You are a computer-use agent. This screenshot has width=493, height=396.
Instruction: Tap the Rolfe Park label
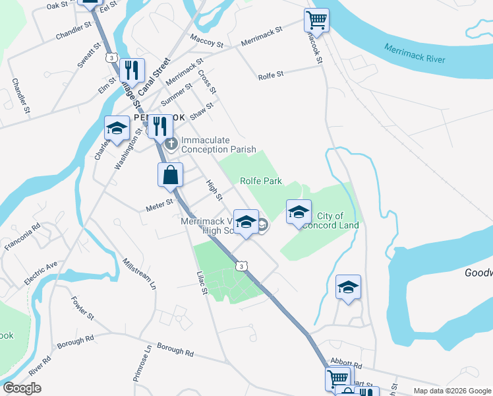point(260,181)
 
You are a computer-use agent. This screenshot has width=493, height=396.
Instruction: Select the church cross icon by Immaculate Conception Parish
point(171,144)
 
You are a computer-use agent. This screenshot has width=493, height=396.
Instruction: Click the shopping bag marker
point(170,176)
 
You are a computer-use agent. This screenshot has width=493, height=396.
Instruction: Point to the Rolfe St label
point(271,75)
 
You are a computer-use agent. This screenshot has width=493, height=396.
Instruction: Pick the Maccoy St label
point(206,41)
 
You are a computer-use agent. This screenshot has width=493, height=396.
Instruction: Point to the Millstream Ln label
point(139,273)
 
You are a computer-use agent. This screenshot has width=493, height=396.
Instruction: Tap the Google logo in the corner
point(22,388)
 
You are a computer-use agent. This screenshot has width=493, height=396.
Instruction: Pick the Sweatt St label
point(87,54)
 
